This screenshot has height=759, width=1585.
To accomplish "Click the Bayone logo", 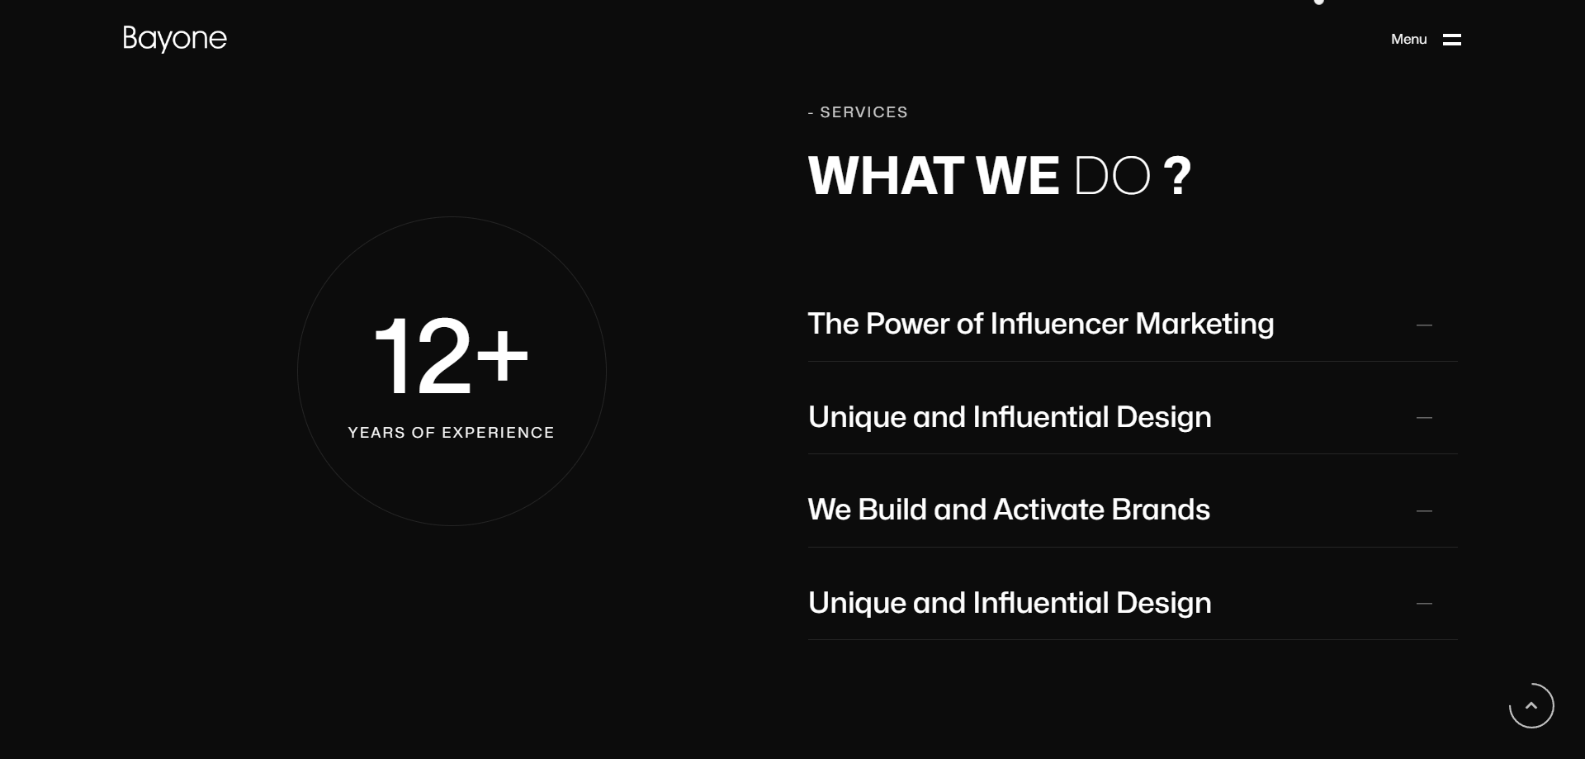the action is (x=174, y=39).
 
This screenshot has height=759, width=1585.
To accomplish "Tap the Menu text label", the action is (x=1408, y=39).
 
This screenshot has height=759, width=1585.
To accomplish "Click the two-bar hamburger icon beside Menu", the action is (x=1452, y=40).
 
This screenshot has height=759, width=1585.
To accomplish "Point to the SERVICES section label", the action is (x=863, y=112).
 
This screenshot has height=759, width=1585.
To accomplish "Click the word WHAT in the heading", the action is (x=886, y=176).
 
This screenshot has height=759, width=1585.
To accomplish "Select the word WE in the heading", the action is (x=1017, y=176).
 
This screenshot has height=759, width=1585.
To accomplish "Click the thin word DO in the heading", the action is (x=1112, y=176).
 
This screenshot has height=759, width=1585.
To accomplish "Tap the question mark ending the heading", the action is (x=1177, y=176).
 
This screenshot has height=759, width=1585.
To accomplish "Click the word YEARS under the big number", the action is (x=376, y=433).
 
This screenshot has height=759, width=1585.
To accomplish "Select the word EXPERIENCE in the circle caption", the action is (x=498, y=433).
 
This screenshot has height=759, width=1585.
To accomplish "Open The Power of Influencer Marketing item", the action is (x=1040, y=324).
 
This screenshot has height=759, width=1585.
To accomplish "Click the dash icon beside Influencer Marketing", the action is (x=1424, y=325).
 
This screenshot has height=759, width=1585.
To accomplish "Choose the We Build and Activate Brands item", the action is (x=1009, y=510).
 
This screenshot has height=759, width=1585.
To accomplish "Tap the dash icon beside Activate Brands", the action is (x=1424, y=511).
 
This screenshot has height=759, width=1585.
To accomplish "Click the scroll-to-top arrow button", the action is (x=1531, y=705).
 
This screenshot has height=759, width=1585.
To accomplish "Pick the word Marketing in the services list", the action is (x=1204, y=324).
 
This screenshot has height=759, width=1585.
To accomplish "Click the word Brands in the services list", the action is (x=1161, y=510).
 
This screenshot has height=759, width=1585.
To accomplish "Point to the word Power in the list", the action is (x=907, y=324).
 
